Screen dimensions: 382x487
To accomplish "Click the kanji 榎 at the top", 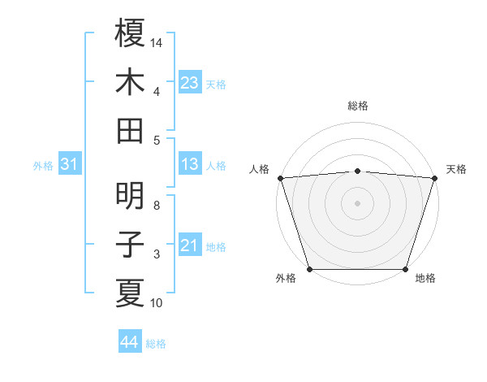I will point(130,34).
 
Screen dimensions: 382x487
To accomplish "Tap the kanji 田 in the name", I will point(130,130).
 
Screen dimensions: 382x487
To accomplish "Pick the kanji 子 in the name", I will point(130,245).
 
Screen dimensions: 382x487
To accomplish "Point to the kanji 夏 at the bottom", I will point(130,293).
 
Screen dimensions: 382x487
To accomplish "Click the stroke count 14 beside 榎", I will point(157,41).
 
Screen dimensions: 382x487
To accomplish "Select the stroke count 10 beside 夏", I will point(157,303).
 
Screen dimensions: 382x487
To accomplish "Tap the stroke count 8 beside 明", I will point(157,205).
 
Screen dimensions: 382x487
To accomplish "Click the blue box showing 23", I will point(190,83).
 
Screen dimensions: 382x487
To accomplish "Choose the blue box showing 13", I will point(190,165).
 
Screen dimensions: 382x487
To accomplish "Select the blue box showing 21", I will point(190,246).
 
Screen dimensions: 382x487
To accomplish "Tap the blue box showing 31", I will point(69,165).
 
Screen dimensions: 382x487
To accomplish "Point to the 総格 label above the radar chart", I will point(357,106).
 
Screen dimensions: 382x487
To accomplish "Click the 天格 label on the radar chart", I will point(456,169).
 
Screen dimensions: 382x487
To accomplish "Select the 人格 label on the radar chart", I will point(259,169).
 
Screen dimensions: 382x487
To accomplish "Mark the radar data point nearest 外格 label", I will point(309,269).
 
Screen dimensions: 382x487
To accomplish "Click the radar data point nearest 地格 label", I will point(406,269).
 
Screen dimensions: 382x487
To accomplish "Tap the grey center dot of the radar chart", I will point(357,202).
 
